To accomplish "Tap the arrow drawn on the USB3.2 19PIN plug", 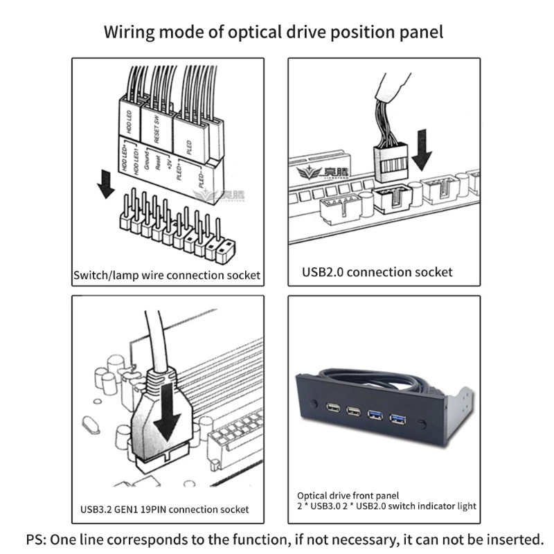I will pyautogui.click(x=168, y=415).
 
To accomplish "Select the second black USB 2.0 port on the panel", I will pyautogui.click(x=353, y=414).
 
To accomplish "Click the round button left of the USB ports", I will pyautogui.click(x=314, y=402).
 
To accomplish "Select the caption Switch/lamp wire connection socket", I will pyautogui.click(x=167, y=275).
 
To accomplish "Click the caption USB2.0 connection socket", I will pyautogui.click(x=377, y=271).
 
